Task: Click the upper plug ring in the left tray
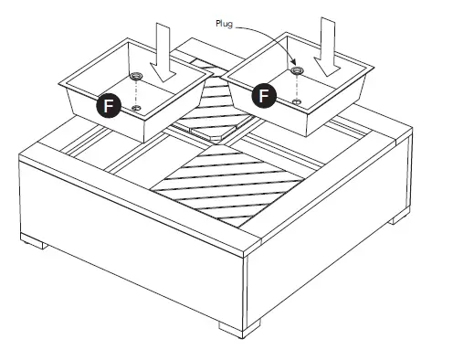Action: [x=136, y=76]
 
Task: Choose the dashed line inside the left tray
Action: [x=135, y=92]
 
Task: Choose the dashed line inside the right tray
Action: [x=295, y=84]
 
